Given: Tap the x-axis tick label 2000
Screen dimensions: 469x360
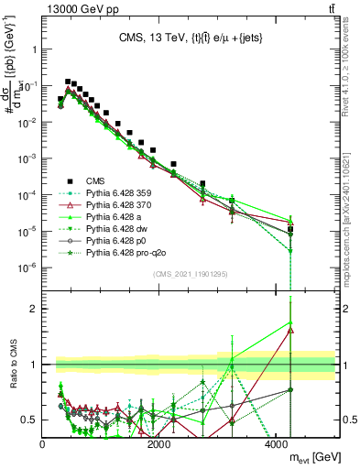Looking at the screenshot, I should point(159,446).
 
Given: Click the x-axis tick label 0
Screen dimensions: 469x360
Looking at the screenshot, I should point(43,446).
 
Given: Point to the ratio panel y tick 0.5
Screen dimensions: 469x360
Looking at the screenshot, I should point(31,420).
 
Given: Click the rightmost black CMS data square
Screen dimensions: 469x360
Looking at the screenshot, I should point(290,230).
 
